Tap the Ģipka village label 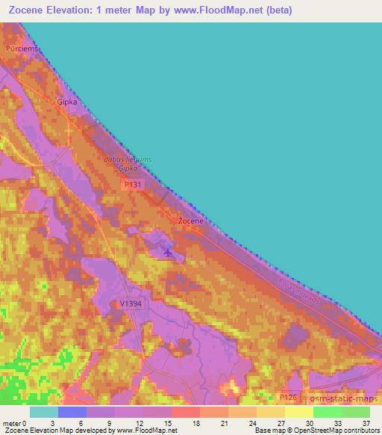click(x=68, y=102)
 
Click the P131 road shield click(x=134, y=184)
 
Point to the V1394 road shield click(x=130, y=303)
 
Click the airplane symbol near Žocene click(x=167, y=253)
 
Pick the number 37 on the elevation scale click(x=366, y=423)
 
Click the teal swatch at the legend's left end click(x=44, y=412)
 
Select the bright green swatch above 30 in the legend click(x=327, y=412)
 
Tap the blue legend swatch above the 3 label click(x=72, y=412)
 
